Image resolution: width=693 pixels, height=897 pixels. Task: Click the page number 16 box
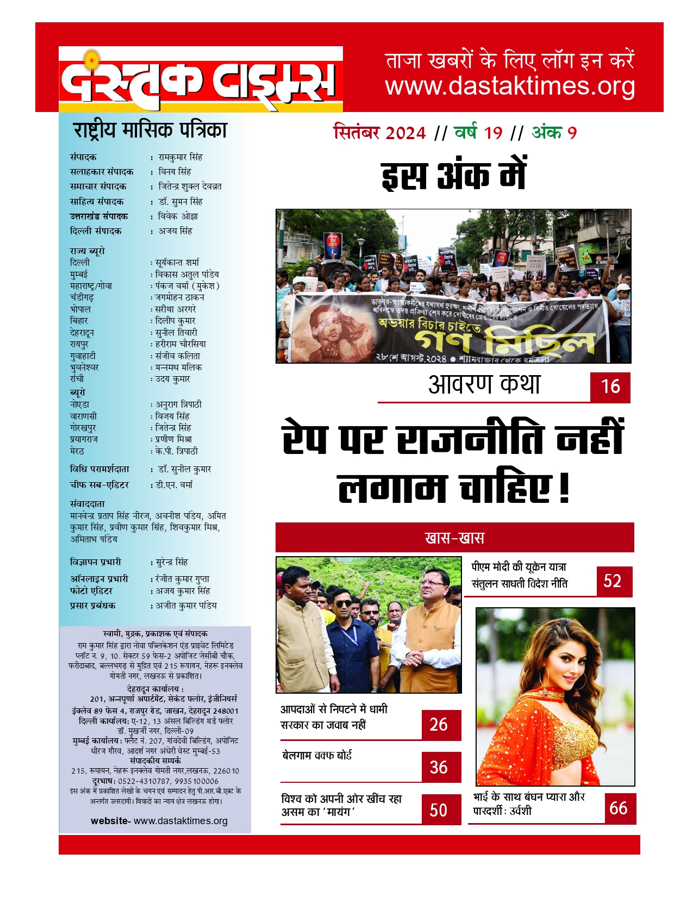610,387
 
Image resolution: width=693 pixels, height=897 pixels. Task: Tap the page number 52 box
614,581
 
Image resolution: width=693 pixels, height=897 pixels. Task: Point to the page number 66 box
620,808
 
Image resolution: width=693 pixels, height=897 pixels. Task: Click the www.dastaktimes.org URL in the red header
510,86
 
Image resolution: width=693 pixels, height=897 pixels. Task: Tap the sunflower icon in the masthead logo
93,59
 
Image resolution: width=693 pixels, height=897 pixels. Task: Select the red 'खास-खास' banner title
454,538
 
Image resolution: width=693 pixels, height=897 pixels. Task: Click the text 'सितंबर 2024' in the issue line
379,133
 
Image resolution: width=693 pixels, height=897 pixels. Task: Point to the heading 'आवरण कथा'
484,385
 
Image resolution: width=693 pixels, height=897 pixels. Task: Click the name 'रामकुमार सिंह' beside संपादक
180,157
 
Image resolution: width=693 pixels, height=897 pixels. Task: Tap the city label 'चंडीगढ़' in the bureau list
82,297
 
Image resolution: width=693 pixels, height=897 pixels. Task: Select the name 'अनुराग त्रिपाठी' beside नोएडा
179,404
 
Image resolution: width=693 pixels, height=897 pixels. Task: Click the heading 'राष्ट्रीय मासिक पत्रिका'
150,130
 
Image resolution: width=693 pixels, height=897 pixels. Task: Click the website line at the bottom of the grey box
159,821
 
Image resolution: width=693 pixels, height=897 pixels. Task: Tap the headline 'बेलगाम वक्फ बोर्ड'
317,755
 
